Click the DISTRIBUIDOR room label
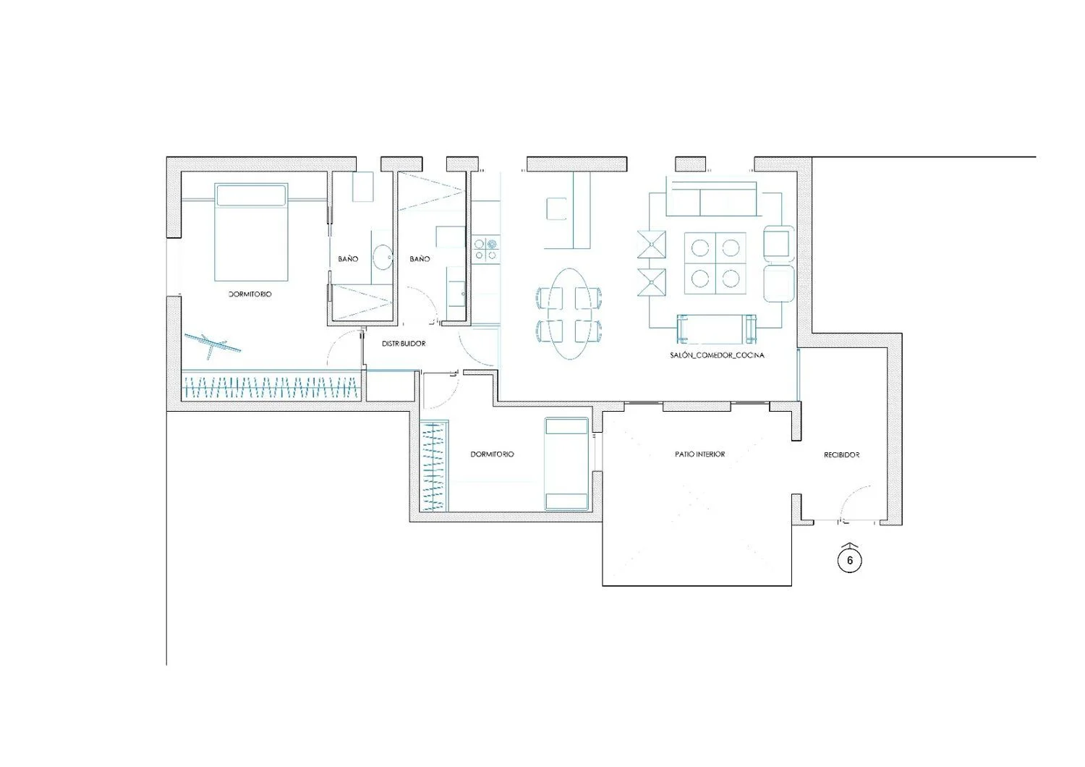click(x=404, y=344)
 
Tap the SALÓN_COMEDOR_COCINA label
click(x=717, y=355)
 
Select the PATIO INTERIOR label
click(x=699, y=454)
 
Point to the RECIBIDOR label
click(x=841, y=455)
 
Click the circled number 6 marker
click(x=849, y=561)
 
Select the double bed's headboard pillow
click(x=251, y=195)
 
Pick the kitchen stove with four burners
click(x=486, y=249)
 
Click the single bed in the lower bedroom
click(x=566, y=464)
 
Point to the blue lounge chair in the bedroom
click(x=212, y=344)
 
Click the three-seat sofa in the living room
click(x=711, y=199)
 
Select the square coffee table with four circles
click(x=715, y=263)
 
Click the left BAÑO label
click(x=348, y=259)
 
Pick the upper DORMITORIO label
click(x=250, y=294)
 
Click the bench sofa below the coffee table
click(x=716, y=328)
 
